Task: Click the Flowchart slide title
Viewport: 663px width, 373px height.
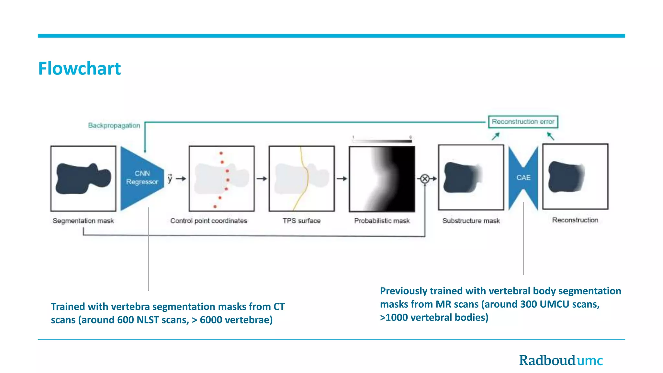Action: point(79,68)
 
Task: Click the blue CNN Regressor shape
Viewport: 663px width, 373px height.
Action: point(141,178)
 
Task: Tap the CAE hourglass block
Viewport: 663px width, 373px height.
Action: point(523,178)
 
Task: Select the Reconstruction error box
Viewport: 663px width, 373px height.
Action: point(523,122)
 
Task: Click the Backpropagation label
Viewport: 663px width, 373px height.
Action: point(114,125)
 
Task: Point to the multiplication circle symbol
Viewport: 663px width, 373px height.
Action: point(425,179)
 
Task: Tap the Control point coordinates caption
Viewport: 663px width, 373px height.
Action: point(208,221)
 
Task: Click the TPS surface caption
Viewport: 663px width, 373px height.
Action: point(301,221)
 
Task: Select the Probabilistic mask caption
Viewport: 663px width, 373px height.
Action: point(382,221)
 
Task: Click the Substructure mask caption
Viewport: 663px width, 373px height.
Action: point(471,221)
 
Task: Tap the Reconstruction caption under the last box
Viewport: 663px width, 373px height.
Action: point(575,220)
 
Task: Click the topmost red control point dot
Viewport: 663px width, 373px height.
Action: point(221,153)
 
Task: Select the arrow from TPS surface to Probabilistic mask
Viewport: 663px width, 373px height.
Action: point(342,179)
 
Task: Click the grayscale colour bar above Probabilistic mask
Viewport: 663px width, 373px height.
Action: point(382,141)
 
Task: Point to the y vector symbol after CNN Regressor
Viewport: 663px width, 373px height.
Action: point(170,178)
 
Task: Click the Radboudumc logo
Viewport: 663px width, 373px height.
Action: point(561,360)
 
